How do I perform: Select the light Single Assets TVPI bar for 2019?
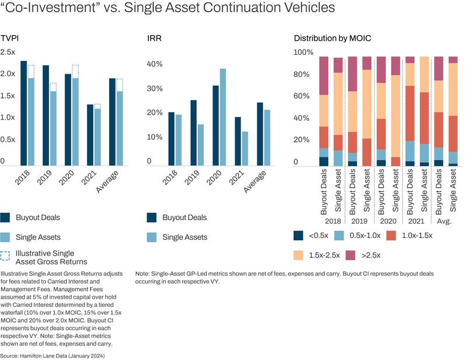tap(53, 128)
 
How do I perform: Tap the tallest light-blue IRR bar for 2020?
tap(223, 117)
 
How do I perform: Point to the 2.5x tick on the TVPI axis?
tap(8, 53)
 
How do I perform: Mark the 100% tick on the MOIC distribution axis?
tap(303, 53)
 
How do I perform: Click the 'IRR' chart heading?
tap(153, 38)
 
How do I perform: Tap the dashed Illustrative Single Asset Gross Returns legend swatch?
tap(6, 257)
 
